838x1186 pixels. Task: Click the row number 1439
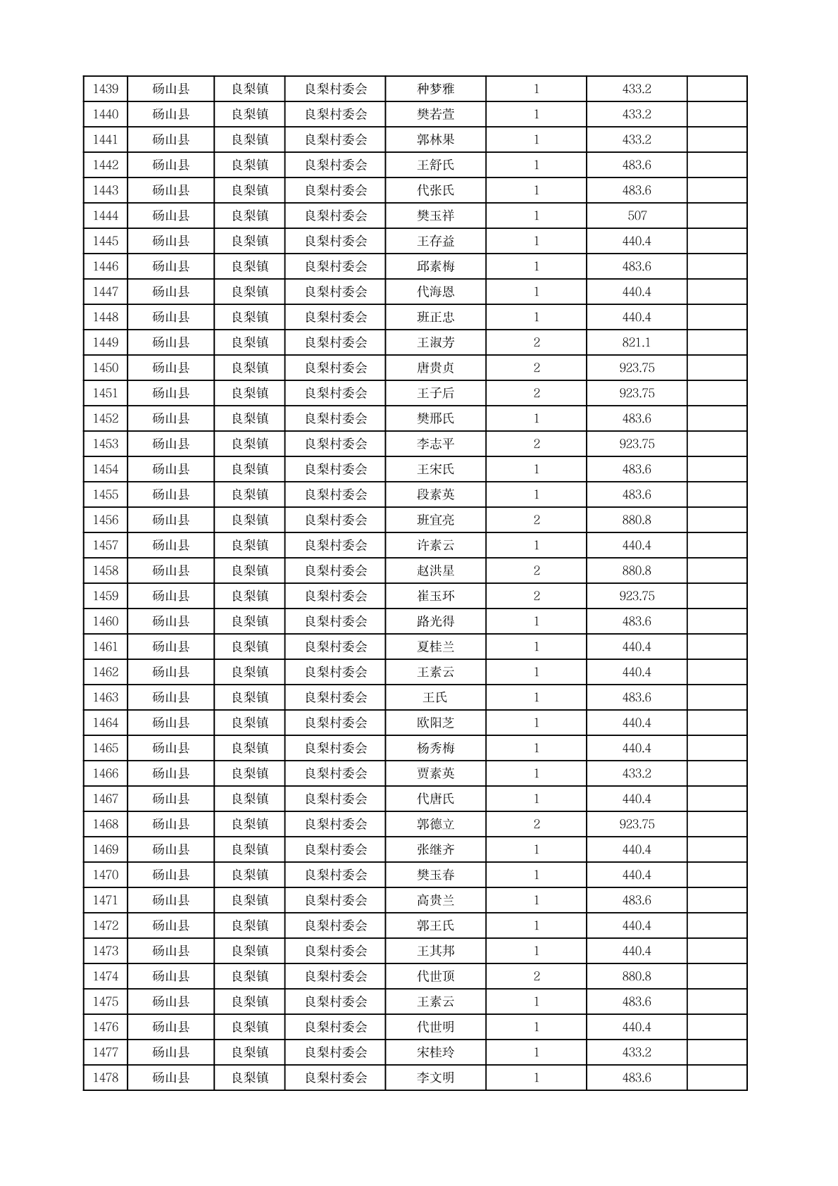(x=105, y=89)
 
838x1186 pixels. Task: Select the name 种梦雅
(x=435, y=89)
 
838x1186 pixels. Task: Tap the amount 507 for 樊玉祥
(x=637, y=216)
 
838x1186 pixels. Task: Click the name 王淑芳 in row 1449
(x=435, y=342)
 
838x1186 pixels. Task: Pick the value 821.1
(x=637, y=342)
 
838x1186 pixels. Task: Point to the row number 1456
(x=105, y=520)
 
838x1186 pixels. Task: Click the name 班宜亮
(x=435, y=520)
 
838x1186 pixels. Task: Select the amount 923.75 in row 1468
(x=637, y=824)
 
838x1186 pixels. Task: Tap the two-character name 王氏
(x=435, y=697)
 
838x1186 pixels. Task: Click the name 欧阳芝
(x=435, y=723)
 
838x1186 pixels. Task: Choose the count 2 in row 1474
(x=536, y=976)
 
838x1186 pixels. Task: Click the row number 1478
(x=105, y=1078)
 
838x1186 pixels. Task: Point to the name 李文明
(x=435, y=1078)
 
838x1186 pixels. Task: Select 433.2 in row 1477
(x=637, y=1052)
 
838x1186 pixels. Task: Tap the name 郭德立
(x=435, y=824)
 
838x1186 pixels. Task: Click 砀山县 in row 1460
(x=170, y=621)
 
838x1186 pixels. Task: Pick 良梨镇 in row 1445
(x=249, y=241)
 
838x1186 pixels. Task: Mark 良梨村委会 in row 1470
(x=335, y=875)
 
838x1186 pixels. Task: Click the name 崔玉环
(x=435, y=596)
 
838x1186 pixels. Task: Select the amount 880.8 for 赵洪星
(x=637, y=570)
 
